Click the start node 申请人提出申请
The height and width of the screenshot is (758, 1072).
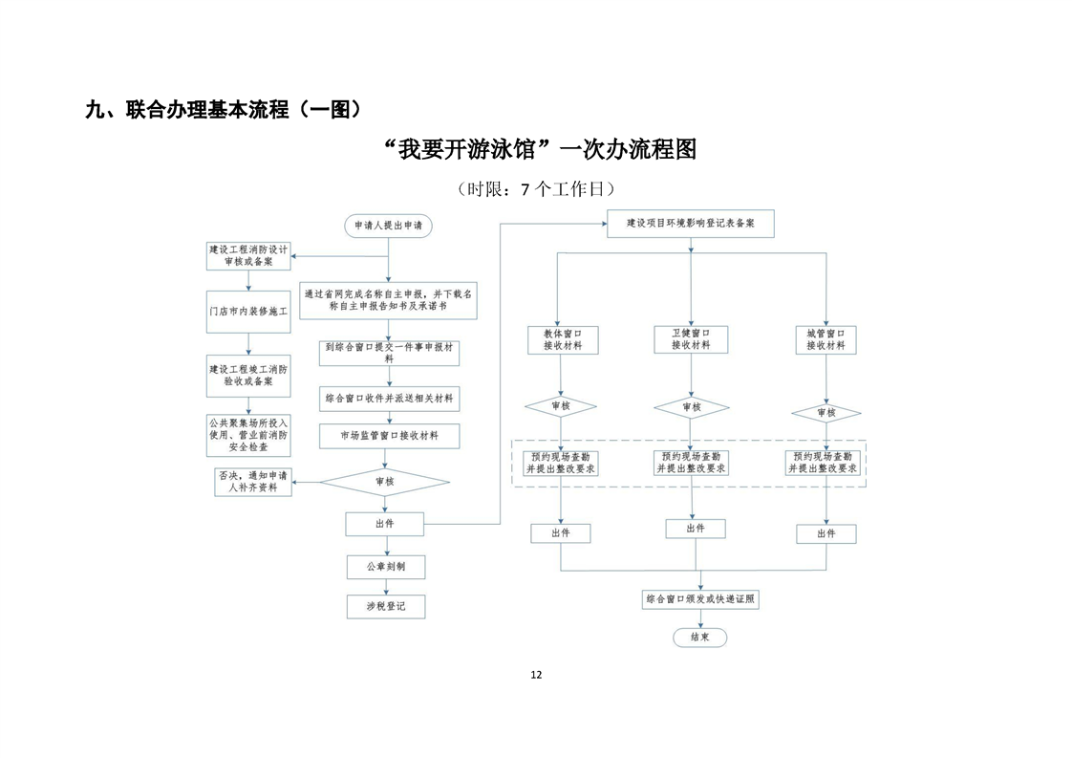tap(388, 226)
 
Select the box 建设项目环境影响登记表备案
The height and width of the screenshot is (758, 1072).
tap(691, 224)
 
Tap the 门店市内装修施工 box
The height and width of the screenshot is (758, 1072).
tap(248, 312)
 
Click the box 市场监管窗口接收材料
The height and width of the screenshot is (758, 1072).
tap(389, 436)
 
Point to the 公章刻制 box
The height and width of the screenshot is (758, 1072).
tap(386, 567)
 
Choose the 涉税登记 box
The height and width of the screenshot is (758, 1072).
tap(386, 606)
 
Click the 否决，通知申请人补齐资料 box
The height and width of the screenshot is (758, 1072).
tap(253, 482)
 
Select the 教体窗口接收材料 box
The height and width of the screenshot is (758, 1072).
tap(563, 340)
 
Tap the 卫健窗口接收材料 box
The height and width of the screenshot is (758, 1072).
tap(691, 339)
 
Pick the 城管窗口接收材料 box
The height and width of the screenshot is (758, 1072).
tap(825, 340)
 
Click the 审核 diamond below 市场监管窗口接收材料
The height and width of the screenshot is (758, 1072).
tap(385, 482)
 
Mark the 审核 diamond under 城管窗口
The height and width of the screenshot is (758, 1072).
tap(825, 413)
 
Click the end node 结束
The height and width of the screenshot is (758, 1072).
tap(699, 638)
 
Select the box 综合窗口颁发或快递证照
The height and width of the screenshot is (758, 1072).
tap(700, 599)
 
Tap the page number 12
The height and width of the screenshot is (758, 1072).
tap(536, 675)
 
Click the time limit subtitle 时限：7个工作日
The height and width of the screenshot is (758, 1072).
tap(536, 189)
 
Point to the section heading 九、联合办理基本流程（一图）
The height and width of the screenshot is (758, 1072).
tap(224, 110)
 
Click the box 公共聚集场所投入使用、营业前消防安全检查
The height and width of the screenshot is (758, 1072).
tap(248, 435)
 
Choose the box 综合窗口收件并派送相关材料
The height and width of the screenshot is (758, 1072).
tap(389, 399)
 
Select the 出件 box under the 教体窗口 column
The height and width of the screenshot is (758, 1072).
tap(561, 533)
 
